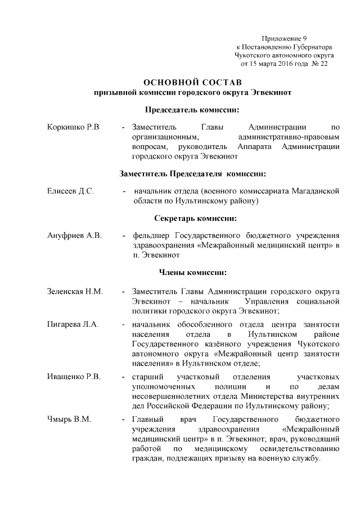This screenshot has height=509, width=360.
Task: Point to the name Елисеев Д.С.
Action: (x=70, y=191)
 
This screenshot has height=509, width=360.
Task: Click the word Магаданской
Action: (x=314, y=191)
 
